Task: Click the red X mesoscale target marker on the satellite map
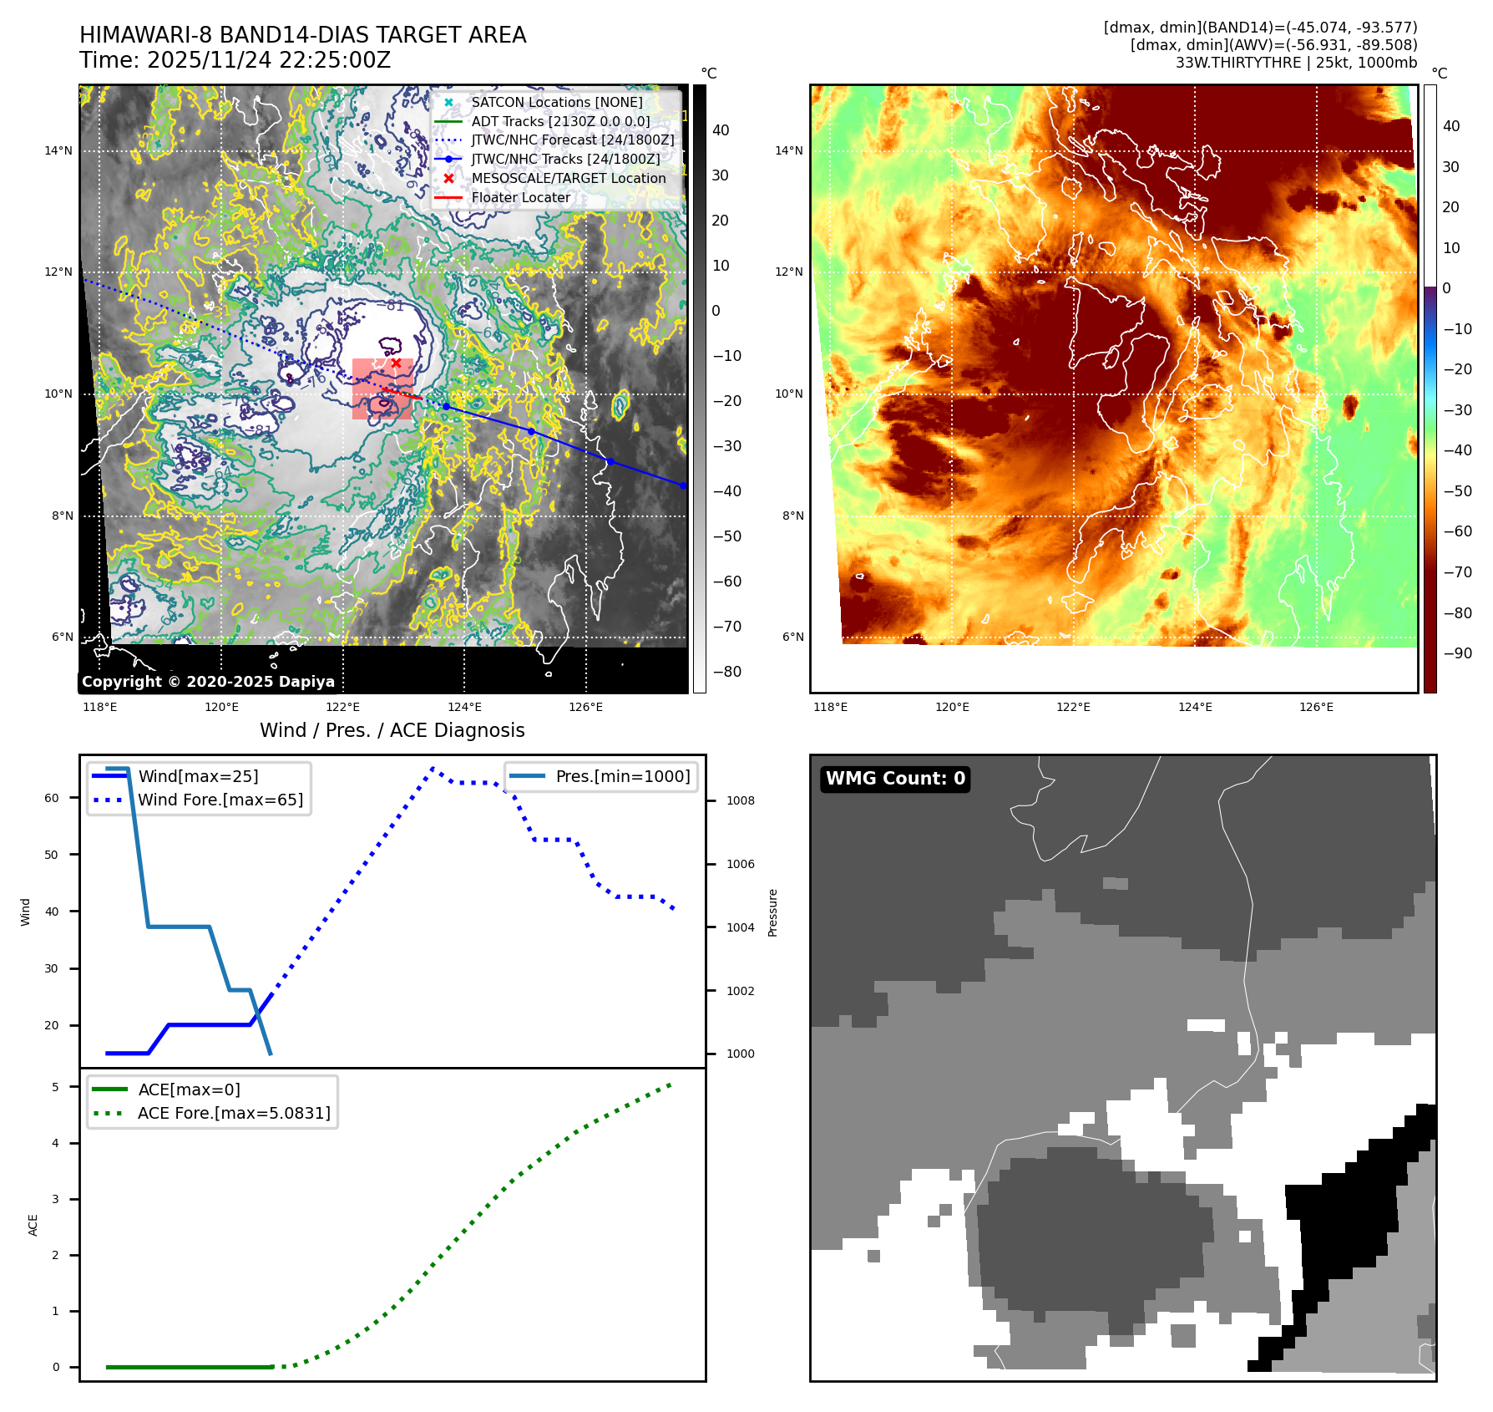click(x=396, y=363)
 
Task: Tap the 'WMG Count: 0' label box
click(x=895, y=779)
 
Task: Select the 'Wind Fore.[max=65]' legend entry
click(x=220, y=800)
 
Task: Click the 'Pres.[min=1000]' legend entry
click(x=623, y=776)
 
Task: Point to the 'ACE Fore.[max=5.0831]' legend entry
click(x=234, y=1113)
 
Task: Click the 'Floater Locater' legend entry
click(x=520, y=198)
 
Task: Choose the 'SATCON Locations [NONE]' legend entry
click(x=557, y=102)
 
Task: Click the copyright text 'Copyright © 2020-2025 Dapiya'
click(x=208, y=682)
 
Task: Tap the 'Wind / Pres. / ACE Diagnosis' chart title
click(x=392, y=730)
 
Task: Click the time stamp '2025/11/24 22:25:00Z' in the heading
click(x=269, y=60)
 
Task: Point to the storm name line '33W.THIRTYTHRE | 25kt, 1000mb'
click(x=1296, y=63)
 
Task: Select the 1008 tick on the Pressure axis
click(x=740, y=800)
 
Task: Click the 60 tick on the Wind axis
click(x=52, y=798)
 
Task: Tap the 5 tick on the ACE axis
click(x=56, y=1087)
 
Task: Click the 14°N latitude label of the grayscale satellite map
click(x=58, y=151)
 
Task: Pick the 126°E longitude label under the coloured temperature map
click(x=1316, y=707)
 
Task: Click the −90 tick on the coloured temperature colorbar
click(x=1458, y=653)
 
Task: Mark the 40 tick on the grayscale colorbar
click(x=721, y=130)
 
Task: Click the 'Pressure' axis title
click(x=772, y=912)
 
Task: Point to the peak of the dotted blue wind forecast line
click(x=433, y=768)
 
